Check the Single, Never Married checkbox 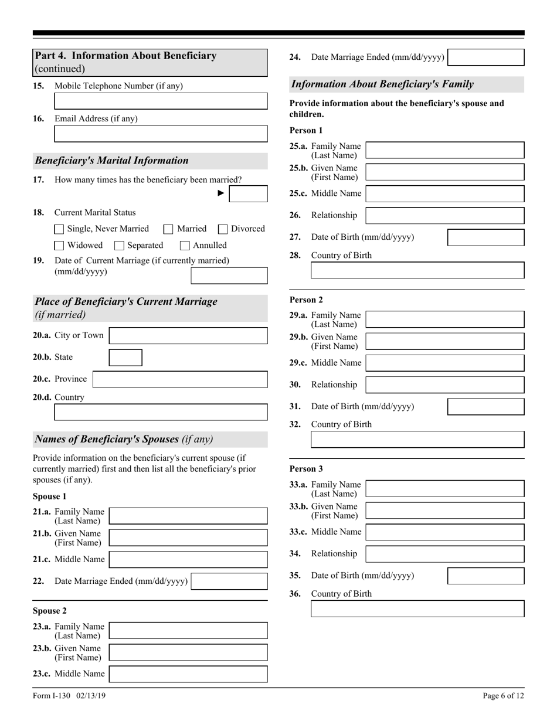59,229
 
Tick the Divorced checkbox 223,229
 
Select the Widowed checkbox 59,246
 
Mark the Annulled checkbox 185,246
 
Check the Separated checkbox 119,246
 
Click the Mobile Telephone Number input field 161,101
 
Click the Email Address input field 161,134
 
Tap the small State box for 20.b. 125,358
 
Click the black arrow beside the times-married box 221,193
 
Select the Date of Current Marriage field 229,276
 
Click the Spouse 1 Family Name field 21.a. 188,516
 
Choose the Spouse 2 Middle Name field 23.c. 188,674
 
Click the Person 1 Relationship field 444,215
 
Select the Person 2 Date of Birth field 485,407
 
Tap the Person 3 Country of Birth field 417,609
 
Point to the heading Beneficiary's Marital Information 112,161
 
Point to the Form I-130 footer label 69,696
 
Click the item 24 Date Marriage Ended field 485,57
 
